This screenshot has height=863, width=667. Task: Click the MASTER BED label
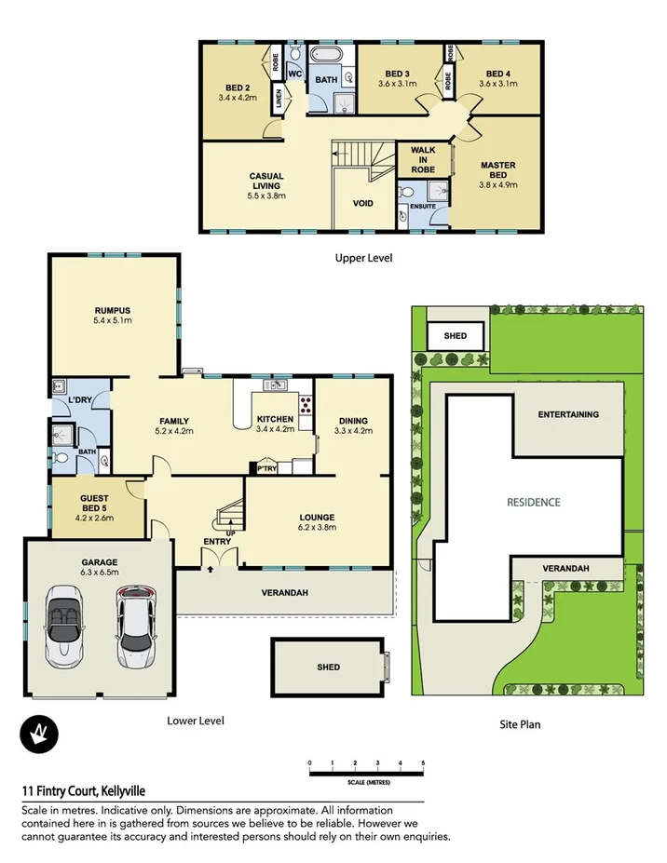497,171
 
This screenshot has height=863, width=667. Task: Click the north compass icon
37,735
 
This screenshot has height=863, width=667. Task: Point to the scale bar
366,769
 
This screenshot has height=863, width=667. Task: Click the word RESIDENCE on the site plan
534,502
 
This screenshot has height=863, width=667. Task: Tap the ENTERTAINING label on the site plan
568,414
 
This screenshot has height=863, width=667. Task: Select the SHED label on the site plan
456,336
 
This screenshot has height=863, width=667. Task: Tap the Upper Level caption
362,257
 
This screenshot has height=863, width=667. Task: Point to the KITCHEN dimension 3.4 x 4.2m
275,431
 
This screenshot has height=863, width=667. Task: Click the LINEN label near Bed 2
279,99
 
